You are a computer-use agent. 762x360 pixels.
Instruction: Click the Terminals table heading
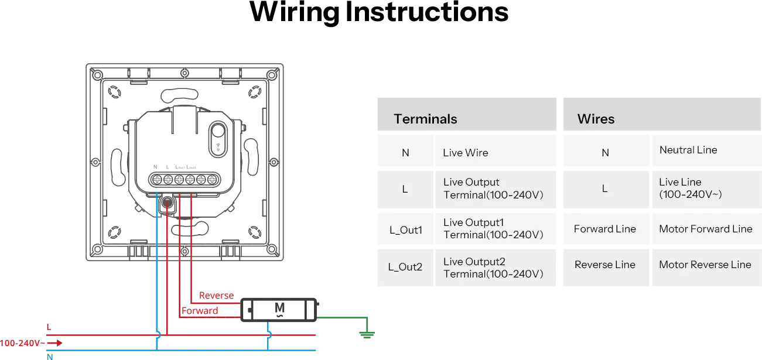[x=425, y=119]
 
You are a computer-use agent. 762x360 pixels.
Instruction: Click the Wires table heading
[x=596, y=119]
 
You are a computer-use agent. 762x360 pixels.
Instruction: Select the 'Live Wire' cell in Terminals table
[x=465, y=153]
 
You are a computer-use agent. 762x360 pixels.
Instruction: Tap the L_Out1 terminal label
[x=405, y=230]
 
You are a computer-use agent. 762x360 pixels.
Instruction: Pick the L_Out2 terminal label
[x=405, y=267]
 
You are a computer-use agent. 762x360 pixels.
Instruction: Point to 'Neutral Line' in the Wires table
[x=688, y=150]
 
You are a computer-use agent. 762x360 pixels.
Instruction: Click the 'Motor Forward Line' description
[x=705, y=229]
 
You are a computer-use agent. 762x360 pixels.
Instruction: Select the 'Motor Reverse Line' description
[x=705, y=265]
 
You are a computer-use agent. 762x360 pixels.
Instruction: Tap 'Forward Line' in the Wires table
[x=604, y=229]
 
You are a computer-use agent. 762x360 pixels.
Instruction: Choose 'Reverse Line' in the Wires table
[x=604, y=265]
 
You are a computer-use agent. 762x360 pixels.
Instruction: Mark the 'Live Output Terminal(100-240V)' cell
[x=493, y=188]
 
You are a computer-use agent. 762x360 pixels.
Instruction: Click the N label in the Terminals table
[x=405, y=153]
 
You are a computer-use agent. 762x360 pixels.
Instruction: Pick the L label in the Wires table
[x=605, y=188]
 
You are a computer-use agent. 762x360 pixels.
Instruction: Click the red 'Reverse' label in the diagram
[x=216, y=296]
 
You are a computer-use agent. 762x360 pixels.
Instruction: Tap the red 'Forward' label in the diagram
[x=199, y=311]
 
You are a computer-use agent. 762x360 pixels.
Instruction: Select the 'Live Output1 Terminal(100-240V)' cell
[x=493, y=229]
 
